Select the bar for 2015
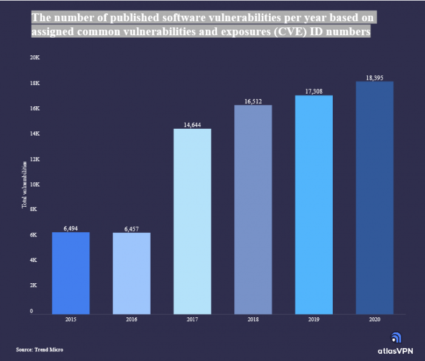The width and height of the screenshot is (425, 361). pos(70,273)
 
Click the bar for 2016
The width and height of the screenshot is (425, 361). pos(131,273)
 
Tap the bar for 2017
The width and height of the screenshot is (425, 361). pos(192,221)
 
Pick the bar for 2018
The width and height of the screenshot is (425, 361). pos(253,210)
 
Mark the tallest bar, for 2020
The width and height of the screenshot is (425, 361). pos(374,198)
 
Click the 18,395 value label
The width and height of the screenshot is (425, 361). pos(374,77)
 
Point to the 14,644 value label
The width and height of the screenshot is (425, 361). pos(192,125)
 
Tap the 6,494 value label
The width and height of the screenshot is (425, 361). pos(70,229)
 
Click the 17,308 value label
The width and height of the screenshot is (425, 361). pos(313,91)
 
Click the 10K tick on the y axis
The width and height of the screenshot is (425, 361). pos(35,184)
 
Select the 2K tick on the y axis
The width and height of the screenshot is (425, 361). pos(35,285)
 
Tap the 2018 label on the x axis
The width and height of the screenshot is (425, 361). pos(253,320)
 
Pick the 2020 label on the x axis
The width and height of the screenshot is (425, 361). pos(374,320)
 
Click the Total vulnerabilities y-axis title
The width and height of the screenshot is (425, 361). pos(25,184)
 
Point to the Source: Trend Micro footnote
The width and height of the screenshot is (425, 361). pos(39,349)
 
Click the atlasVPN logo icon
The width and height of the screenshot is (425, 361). pos(395,338)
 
